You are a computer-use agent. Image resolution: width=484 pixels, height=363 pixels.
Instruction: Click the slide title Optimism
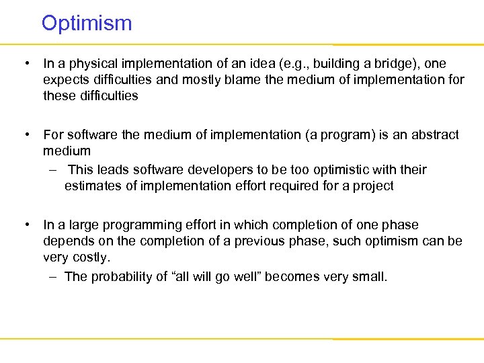pos(87,24)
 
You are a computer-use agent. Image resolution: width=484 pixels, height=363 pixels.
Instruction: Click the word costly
pos(94,257)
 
